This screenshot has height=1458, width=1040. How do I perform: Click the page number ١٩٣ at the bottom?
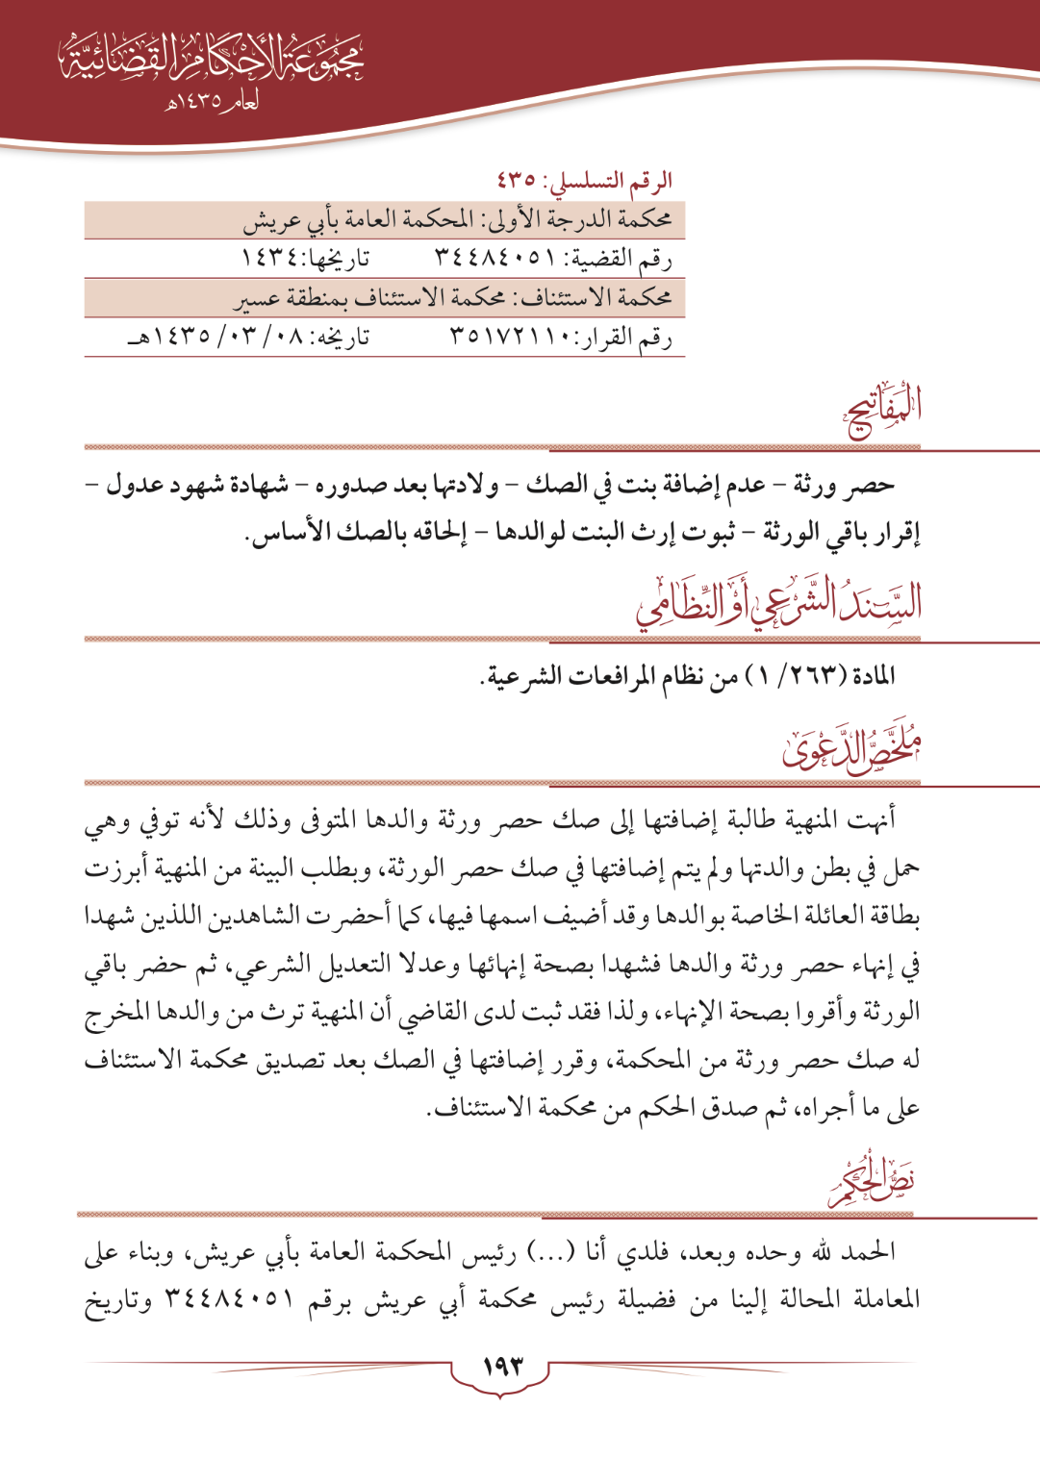502,1366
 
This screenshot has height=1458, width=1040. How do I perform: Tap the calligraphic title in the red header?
212,61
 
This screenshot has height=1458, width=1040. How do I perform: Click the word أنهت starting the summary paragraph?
874,819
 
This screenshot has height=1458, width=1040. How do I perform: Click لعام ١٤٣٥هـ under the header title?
213,101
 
